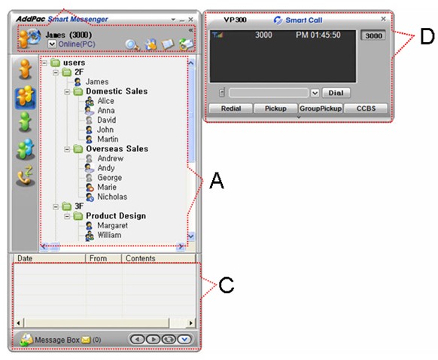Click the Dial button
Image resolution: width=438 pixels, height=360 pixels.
pyautogui.click(x=336, y=93)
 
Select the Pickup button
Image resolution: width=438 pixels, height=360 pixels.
pyautogui.click(x=275, y=108)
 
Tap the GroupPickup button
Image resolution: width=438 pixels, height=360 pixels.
pyautogui.click(x=321, y=108)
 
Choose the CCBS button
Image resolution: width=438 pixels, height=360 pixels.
pyautogui.click(x=366, y=108)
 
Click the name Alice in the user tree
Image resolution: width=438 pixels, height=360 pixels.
pyautogui.click(x=105, y=101)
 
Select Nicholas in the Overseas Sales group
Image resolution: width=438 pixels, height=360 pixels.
pyautogui.click(x=112, y=197)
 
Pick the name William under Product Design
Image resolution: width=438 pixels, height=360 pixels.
pyautogui.click(x=109, y=235)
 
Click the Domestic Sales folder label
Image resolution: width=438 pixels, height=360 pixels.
pyautogui.click(x=117, y=91)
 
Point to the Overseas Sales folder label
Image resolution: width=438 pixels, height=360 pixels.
pyautogui.click(x=117, y=148)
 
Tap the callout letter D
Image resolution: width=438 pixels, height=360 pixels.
pyautogui.click(x=427, y=37)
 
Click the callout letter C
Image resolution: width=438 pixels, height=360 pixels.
pyautogui.click(x=227, y=285)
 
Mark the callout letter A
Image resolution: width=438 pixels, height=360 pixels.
pyautogui.click(x=217, y=181)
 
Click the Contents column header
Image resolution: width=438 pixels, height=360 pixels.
pyautogui.click(x=140, y=258)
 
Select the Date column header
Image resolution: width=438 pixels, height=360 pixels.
pyautogui.click(x=25, y=258)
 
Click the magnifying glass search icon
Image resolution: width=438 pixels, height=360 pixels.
pyautogui.click(x=132, y=44)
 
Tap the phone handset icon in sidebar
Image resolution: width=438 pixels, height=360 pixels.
pyautogui.click(x=26, y=175)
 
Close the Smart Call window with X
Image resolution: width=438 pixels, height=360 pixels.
pyautogui.click(x=383, y=19)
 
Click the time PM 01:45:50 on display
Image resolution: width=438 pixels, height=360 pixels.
pyautogui.click(x=318, y=35)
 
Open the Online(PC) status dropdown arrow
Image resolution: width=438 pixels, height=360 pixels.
pyautogui.click(x=52, y=44)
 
